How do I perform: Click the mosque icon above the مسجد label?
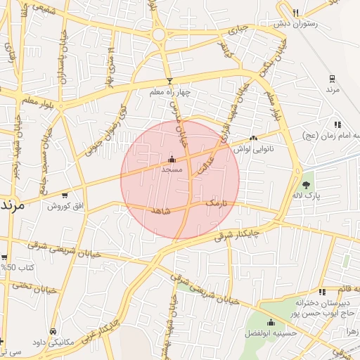point(172,159)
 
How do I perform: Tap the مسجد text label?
point(172,169)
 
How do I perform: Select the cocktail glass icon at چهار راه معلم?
point(169,82)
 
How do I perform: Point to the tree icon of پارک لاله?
point(306,185)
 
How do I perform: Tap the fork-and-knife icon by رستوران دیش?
point(295,12)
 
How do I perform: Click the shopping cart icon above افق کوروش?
point(65,195)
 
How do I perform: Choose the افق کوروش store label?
point(65,206)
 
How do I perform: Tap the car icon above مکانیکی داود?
point(53,330)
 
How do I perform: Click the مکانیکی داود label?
point(53,342)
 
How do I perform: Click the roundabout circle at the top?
point(160,34)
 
